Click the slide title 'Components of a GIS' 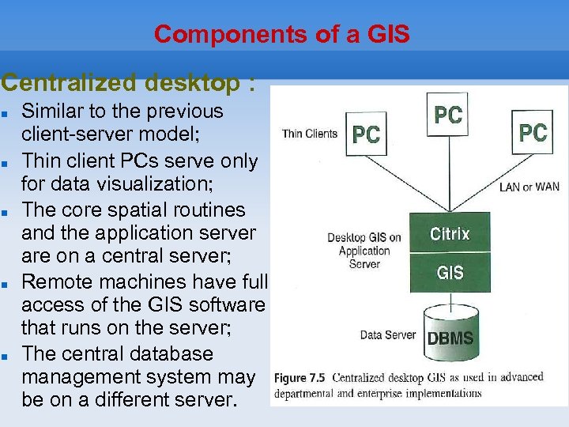point(282,34)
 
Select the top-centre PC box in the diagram point(448,115)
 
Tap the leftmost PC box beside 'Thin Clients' point(366,134)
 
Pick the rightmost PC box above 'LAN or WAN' point(533,132)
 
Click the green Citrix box point(450,234)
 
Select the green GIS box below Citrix point(450,273)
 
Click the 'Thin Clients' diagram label point(309,134)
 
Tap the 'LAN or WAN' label point(529,187)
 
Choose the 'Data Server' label point(387,334)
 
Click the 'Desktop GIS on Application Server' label point(364,250)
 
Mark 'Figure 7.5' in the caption point(303,377)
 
